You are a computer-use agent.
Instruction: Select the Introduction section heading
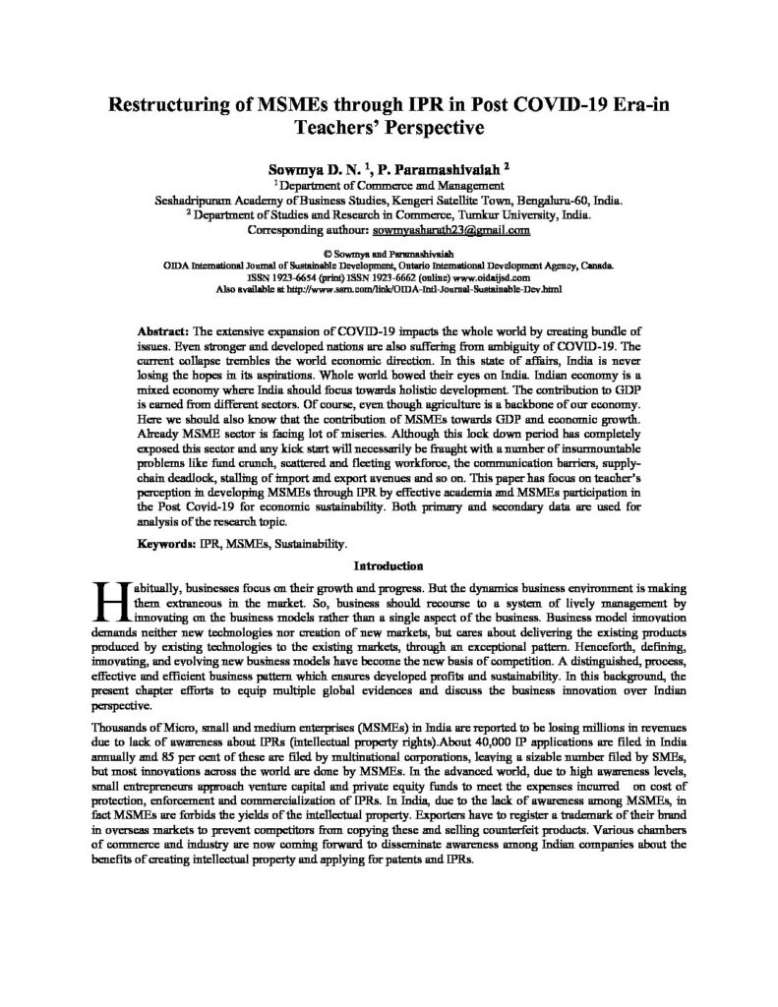click(389, 565)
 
